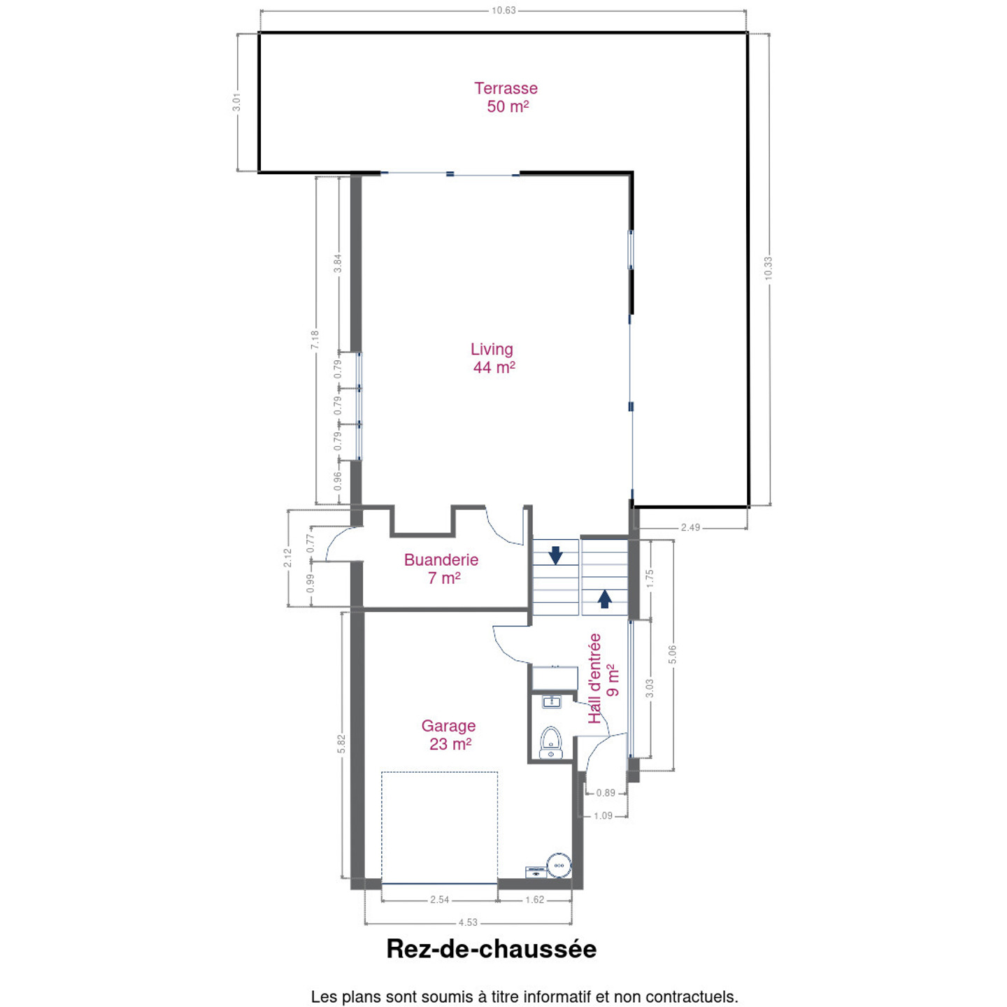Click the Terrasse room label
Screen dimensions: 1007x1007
click(506, 97)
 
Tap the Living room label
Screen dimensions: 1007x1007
click(493, 358)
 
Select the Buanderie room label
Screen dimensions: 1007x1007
click(441, 569)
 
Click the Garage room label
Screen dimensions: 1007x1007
click(450, 734)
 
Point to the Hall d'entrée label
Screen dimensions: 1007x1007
click(604, 678)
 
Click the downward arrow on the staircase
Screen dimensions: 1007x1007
click(555, 555)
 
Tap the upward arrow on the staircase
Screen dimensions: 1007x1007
click(605, 599)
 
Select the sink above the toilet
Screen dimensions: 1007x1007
click(551, 702)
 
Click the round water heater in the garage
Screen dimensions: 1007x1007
click(559, 865)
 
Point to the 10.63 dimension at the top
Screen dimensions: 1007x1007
click(503, 10)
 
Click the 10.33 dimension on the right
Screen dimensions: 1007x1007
click(768, 269)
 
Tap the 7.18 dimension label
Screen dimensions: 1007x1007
click(315, 340)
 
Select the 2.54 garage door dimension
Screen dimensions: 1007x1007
click(439, 899)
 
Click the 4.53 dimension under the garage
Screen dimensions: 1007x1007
click(468, 922)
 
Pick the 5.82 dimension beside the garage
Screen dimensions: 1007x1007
click(341, 744)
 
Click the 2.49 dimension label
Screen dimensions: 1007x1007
click(690, 527)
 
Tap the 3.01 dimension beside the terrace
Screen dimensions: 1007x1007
click(237, 102)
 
